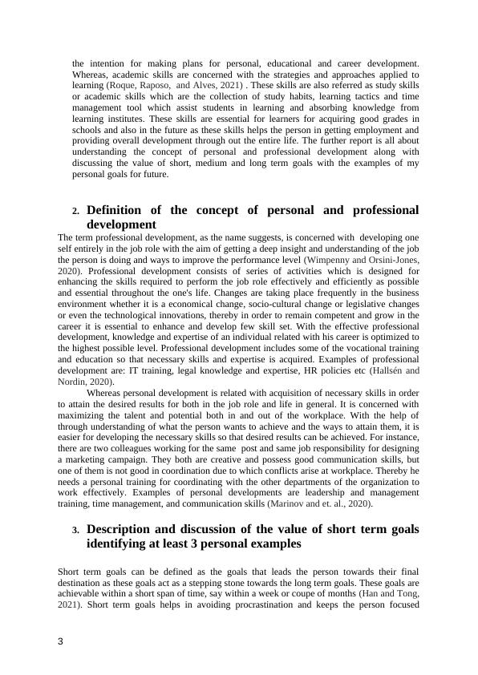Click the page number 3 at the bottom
tap(61, 642)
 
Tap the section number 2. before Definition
tap(75, 211)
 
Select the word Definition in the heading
tap(119, 210)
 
